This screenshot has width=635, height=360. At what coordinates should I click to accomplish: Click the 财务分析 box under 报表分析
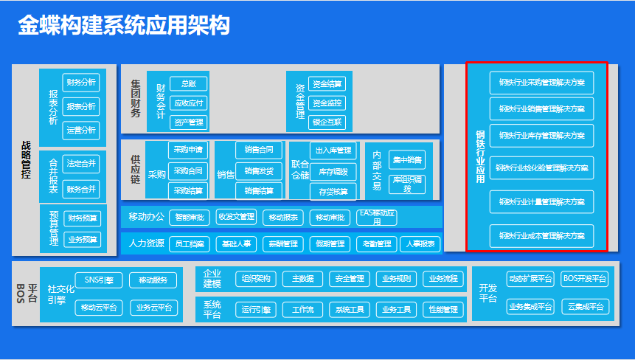(x=81, y=82)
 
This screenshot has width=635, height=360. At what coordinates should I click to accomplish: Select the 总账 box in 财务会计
(x=188, y=84)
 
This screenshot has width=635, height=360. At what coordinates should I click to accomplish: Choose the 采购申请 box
(x=187, y=150)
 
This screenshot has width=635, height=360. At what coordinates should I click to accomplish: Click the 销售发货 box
(x=258, y=170)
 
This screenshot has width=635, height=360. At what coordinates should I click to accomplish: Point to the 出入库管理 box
(x=333, y=150)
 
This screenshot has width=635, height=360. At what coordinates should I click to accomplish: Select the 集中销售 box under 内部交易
(x=407, y=159)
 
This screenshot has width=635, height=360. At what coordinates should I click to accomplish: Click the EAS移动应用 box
(x=377, y=218)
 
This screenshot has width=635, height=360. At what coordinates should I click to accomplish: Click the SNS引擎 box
(x=99, y=280)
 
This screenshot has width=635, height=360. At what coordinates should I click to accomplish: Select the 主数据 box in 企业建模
(x=302, y=279)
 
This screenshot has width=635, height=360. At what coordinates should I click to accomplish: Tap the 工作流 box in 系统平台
(x=302, y=310)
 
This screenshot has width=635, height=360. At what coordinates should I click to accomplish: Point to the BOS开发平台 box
(x=584, y=278)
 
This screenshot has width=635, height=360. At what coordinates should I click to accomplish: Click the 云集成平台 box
(x=584, y=306)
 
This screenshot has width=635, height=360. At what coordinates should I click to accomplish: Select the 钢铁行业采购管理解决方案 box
(x=541, y=82)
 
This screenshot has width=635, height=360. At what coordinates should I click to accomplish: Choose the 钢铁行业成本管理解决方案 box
(x=541, y=236)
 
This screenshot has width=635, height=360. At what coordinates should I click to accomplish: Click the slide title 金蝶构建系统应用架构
(x=124, y=27)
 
